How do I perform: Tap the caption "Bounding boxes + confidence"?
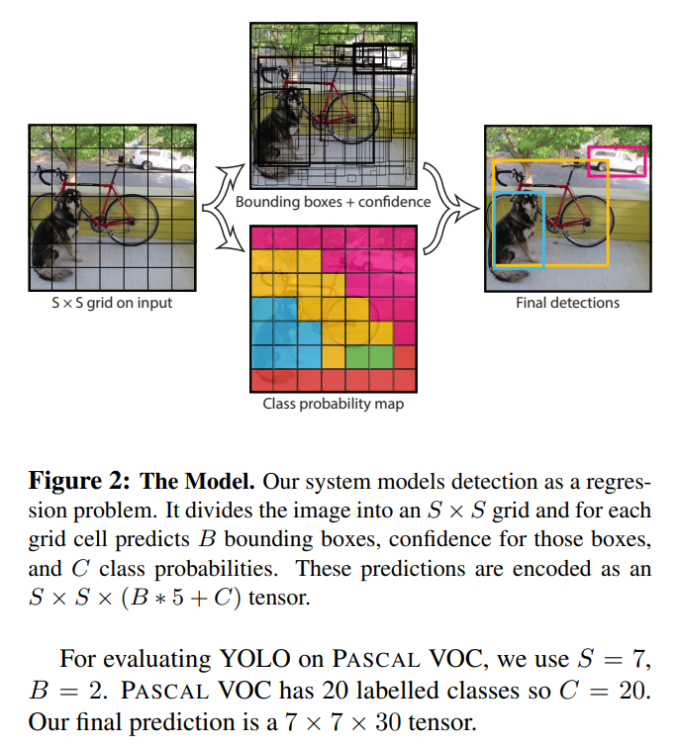pos(333,202)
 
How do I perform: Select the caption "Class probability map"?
pos(333,404)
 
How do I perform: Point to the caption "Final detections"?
pos(567,303)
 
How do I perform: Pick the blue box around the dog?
pos(496,231)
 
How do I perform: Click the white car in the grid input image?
pos(153,158)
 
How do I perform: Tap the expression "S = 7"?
pos(617,659)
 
